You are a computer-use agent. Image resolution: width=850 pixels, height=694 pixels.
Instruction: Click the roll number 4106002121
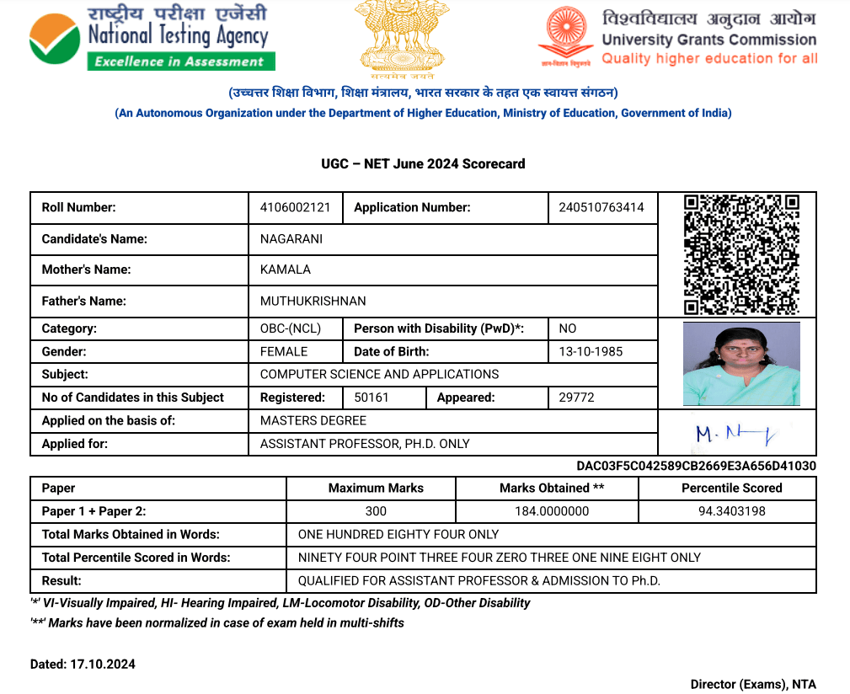tap(295, 207)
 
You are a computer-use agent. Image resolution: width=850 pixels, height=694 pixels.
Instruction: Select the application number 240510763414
tap(601, 207)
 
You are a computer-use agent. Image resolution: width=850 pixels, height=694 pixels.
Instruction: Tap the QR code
tap(740, 254)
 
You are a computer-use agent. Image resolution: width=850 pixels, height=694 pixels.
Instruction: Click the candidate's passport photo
tap(741, 364)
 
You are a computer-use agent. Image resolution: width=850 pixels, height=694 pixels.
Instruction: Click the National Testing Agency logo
tap(152, 37)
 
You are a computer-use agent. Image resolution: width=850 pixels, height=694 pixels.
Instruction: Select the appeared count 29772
tap(577, 398)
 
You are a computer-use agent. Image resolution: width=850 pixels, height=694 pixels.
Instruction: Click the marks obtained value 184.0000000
tap(552, 511)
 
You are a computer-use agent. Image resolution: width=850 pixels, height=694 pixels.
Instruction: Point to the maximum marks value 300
tap(376, 511)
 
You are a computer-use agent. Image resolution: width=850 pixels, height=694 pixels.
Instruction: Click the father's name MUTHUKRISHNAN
tap(313, 301)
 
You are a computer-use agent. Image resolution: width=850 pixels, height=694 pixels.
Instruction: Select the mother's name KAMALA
tap(286, 270)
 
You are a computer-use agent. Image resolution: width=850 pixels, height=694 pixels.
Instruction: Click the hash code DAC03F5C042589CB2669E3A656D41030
tap(696, 466)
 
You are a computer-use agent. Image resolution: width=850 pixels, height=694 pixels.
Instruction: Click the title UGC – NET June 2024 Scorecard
tap(423, 163)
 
